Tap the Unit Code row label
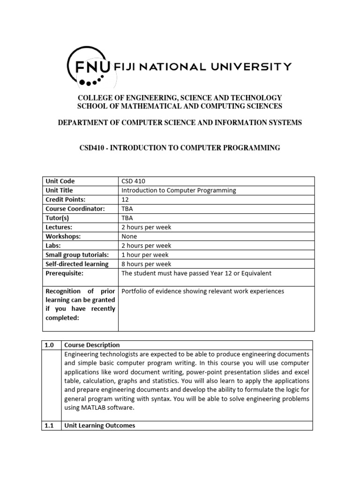[60, 181]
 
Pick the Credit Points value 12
[125, 200]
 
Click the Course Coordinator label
[75, 209]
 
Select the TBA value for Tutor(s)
[127, 218]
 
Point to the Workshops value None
[129, 236]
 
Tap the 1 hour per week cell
[144, 255]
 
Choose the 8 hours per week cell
[146, 264]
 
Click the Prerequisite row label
[64, 273]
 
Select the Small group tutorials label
[77, 255]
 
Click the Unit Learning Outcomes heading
[99, 426]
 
